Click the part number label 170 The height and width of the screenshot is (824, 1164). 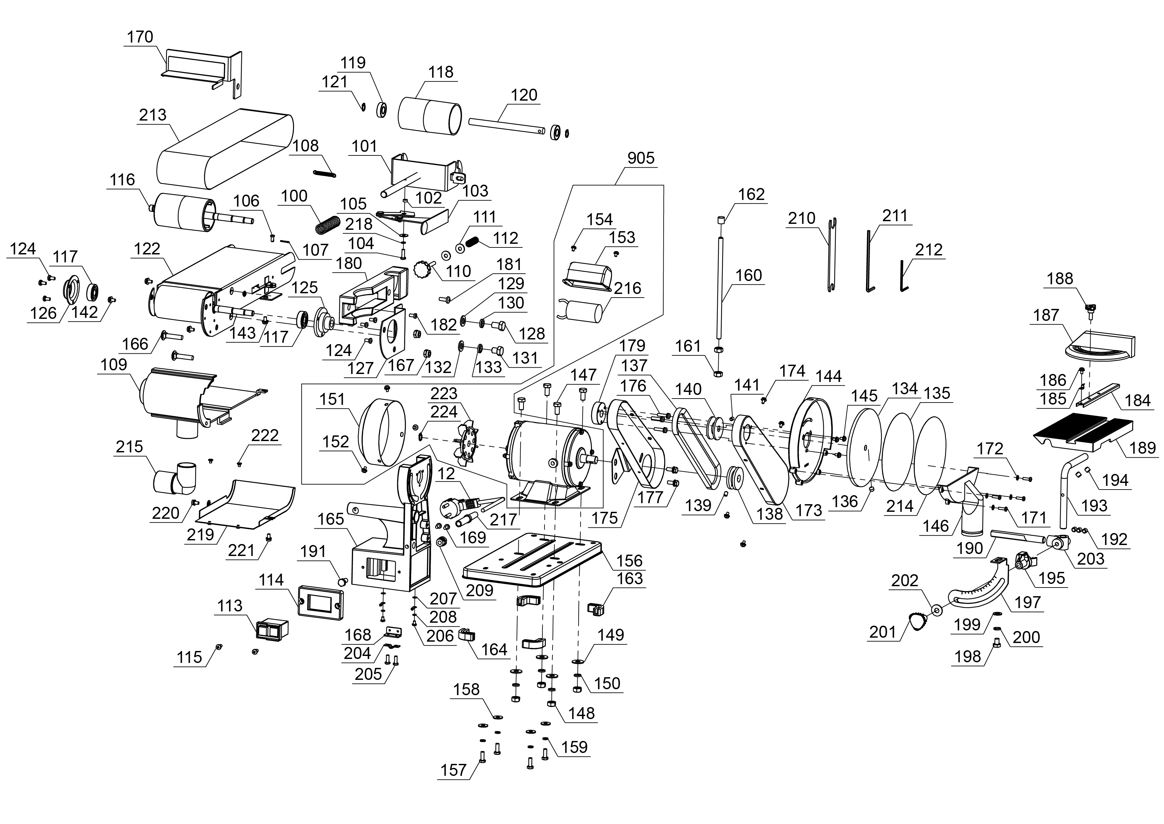tap(140, 37)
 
